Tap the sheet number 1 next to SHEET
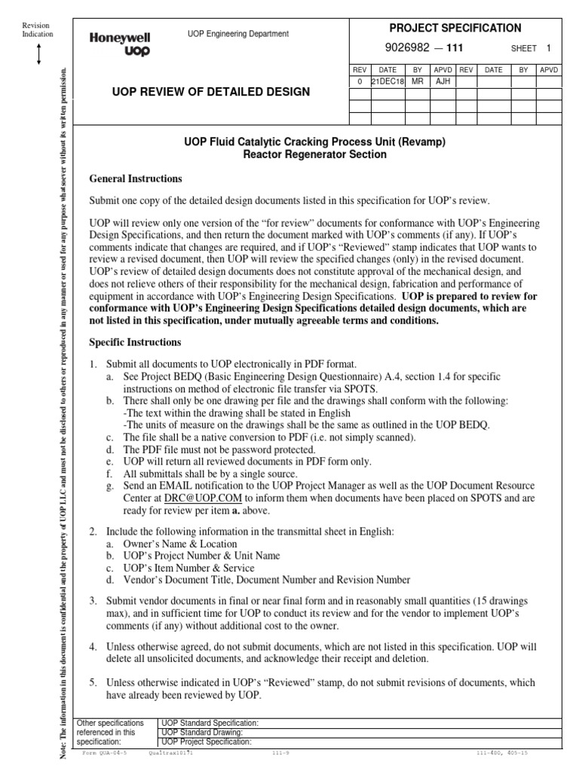(x=549, y=47)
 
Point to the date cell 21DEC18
(x=388, y=81)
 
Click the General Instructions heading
(x=136, y=179)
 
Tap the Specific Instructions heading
(x=136, y=342)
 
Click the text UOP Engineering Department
(x=237, y=34)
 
